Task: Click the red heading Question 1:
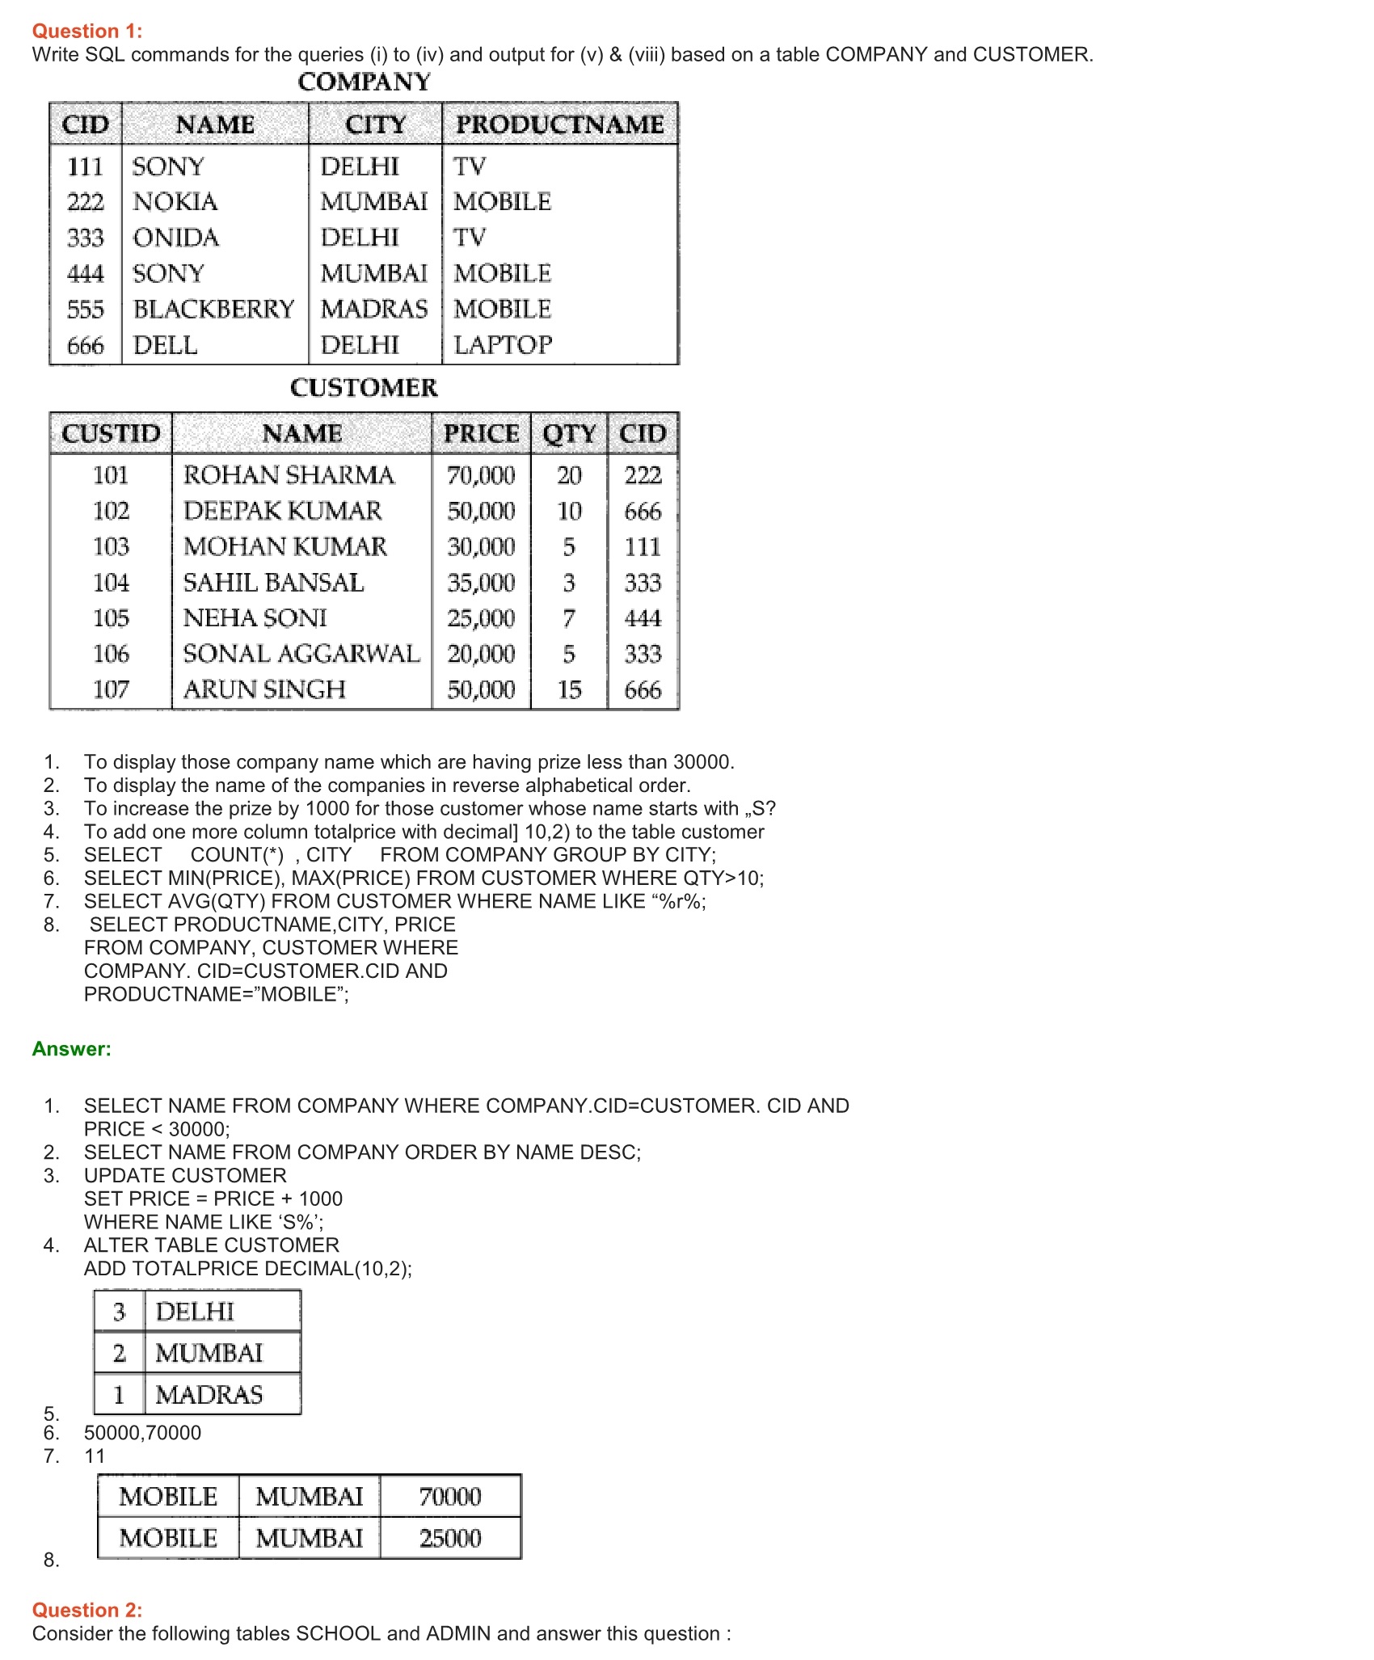(87, 31)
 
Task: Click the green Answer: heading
(72, 1049)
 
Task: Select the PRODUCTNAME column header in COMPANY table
(559, 124)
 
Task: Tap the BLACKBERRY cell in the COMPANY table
(213, 310)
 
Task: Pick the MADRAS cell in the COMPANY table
(373, 310)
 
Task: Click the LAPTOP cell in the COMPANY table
(503, 345)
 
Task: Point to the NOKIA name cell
(175, 202)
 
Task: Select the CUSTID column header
(111, 434)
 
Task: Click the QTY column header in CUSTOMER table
(569, 434)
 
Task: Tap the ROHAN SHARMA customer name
(289, 475)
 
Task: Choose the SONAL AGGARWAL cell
(301, 654)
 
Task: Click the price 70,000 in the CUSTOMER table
(481, 475)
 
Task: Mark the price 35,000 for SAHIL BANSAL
(481, 583)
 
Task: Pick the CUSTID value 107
(111, 689)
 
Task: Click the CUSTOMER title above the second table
(364, 388)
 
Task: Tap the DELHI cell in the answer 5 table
(195, 1312)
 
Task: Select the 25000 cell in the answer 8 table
(450, 1538)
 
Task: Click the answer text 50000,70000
(142, 1433)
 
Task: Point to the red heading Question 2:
(87, 1610)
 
